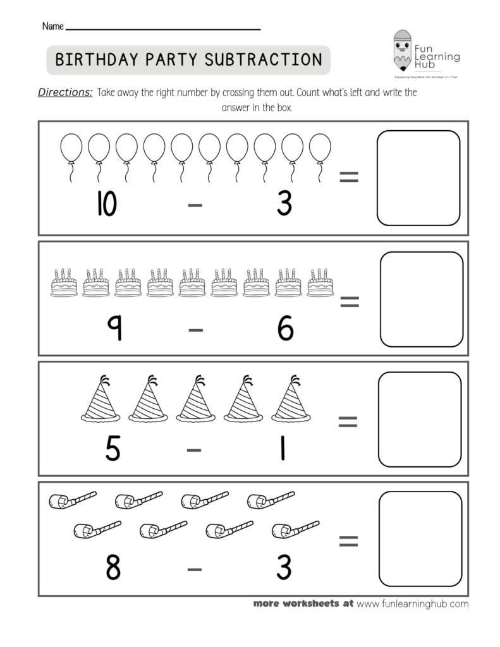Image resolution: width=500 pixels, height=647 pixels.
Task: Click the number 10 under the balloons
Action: click(107, 204)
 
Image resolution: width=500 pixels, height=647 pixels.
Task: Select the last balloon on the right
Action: click(320, 148)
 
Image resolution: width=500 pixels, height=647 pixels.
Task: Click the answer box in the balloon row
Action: click(418, 178)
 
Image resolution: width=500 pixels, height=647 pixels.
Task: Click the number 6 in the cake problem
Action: click(285, 329)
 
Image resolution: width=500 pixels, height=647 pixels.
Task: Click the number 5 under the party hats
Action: click(113, 448)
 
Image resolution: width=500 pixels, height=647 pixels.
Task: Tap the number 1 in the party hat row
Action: click(283, 448)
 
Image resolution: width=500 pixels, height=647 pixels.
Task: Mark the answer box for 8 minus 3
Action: click(420, 539)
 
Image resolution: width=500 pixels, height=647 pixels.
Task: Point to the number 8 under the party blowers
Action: click(113, 568)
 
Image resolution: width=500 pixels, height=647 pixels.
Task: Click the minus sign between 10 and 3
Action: click(195, 207)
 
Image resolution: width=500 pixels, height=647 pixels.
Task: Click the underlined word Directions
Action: click(66, 92)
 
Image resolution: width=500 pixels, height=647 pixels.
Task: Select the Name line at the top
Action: click(163, 28)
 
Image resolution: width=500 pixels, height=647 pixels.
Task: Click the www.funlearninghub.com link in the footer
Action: click(412, 603)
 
